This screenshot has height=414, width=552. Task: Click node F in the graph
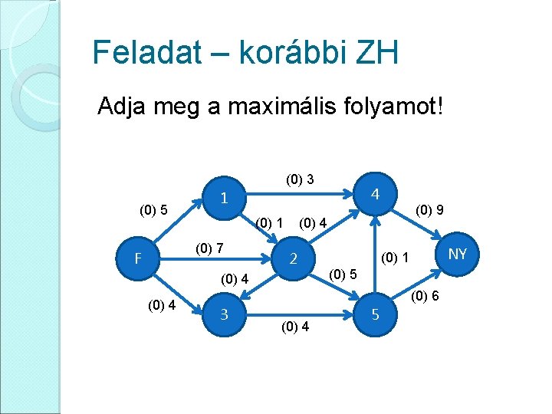(x=138, y=258)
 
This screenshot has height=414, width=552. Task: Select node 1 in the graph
(x=222, y=198)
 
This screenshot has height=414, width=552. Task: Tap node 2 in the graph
(x=293, y=259)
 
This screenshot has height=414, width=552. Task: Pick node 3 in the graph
(x=223, y=314)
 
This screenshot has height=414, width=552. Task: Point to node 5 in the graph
(x=375, y=314)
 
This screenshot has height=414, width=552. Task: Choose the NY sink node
(x=457, y=253)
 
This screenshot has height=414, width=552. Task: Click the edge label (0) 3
(x=300, y=180)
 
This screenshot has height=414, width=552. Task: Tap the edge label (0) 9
(x=429, y=209)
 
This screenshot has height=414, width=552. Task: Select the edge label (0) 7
(x=209, y=248)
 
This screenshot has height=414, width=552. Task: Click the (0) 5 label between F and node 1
(x=153, y=209)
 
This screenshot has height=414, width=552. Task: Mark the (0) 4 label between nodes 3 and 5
(x=295, y=327)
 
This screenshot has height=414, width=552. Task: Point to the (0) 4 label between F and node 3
(x=162, y=305)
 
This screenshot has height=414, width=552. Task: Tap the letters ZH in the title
(x=379, y=53)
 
